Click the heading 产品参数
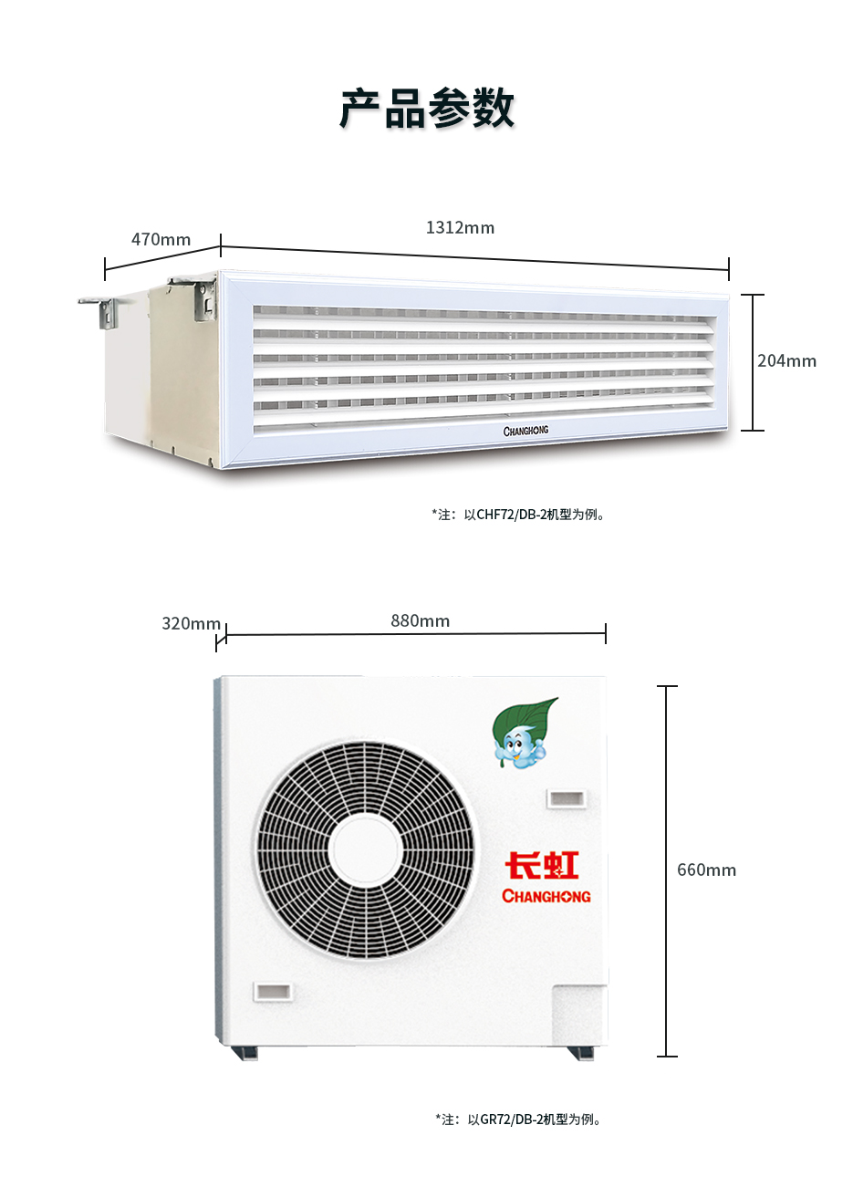pos(427,109)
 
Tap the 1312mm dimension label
pos(460,227)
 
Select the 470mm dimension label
pos(161,240)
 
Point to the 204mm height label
pos(786,361)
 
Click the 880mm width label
pos(421,621)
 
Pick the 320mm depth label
pos(192,624)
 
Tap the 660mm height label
pos(706,870)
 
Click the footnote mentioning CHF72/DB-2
pos(518,515)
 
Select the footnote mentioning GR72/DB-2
pos(518,1120)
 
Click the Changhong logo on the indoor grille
pos(525,431)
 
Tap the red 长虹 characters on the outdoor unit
pos(542,865)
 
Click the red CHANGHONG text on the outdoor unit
pos(546,896)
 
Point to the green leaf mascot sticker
pos(525,733)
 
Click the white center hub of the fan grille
pos(365,850)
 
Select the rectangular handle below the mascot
pos(566,799)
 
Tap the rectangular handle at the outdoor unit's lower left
pos(273,992)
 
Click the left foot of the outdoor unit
pos(244,1051)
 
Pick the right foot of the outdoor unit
pos(580,1053)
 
